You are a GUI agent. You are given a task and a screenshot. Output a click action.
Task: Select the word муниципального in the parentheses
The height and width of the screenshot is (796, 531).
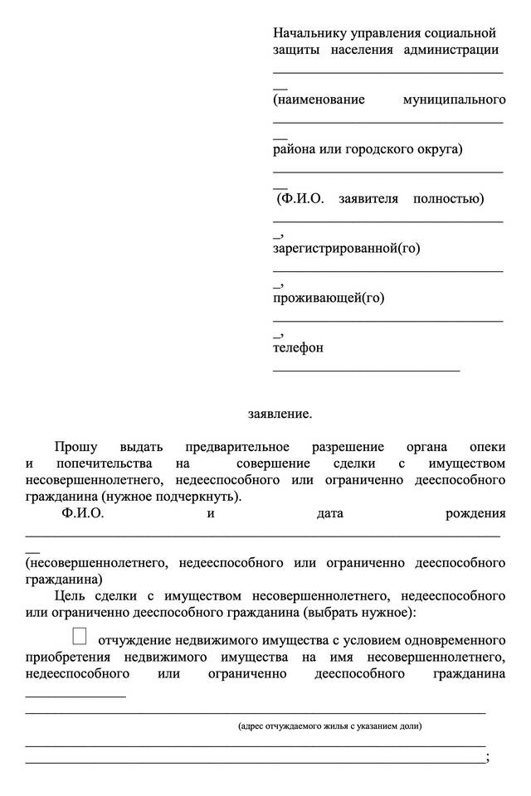click(454, 99)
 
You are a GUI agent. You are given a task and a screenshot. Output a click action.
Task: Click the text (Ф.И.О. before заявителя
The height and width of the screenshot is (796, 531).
click(300, 199)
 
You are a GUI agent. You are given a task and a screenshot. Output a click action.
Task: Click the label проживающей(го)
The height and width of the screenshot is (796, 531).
click(329, 298)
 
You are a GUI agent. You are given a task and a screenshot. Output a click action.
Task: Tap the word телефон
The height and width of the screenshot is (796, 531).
click(298, 347)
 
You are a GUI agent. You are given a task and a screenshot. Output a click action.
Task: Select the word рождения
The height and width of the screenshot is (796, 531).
click(475, 513)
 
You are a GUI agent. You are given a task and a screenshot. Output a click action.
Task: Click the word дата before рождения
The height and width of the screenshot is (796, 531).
click(330, 513)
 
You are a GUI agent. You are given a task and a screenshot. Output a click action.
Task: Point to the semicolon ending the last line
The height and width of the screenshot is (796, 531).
click(487, 758)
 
